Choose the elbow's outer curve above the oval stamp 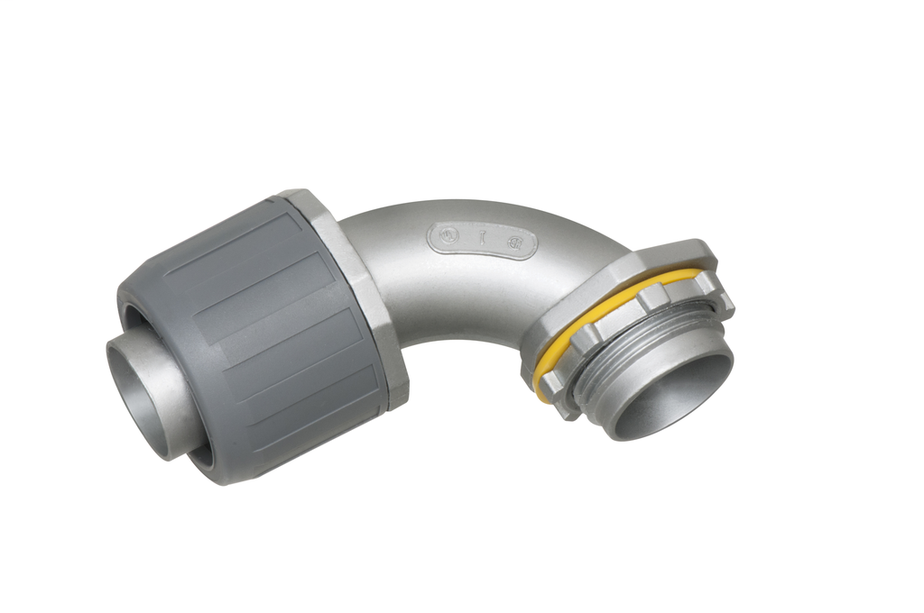tap(469, 209)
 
